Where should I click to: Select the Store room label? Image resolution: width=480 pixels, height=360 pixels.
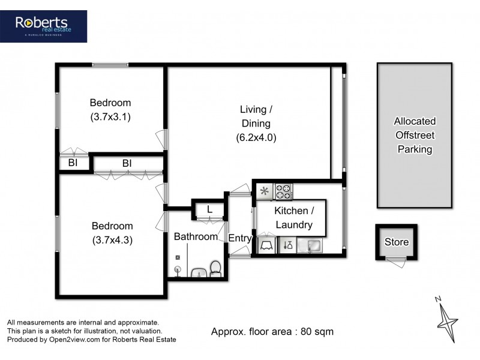pos(396,242)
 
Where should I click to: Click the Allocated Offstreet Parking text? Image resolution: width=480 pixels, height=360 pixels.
pos(415,135)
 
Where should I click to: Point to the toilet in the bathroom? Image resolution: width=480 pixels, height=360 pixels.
pos(216,268)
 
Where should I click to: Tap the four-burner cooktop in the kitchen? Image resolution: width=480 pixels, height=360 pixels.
pos(284,191)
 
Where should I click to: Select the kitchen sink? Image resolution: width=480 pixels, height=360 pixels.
pos(312,245)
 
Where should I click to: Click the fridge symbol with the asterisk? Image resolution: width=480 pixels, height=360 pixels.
pos(265,191)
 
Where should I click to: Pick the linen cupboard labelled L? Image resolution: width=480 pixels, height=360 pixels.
pos(208,209)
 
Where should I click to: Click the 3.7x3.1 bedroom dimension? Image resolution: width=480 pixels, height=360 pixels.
pos(110,117)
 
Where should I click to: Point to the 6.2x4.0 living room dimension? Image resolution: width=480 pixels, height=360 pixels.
pos(256,137)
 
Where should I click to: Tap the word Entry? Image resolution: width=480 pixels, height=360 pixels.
pos(240,238)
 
